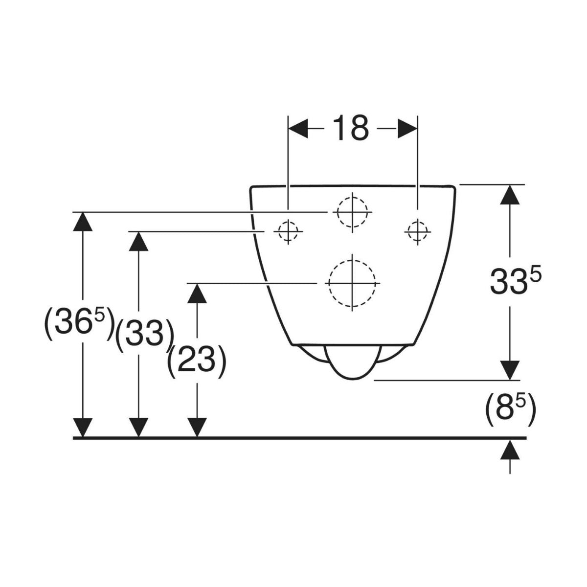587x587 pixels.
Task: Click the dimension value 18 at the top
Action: [351, 128]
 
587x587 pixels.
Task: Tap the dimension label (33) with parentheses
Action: [145, 336]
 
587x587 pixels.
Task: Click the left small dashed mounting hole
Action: [288, 231]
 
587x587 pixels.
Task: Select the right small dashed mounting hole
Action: [417, 231]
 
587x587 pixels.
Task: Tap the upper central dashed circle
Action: [352, 212]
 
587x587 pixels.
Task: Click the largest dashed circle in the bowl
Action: [352, 283]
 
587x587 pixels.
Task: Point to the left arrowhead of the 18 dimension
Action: [298, 128]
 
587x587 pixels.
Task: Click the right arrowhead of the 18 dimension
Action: [407, 128]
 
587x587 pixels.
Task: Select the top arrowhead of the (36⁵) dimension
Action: [83, 222]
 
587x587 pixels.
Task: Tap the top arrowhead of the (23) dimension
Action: [197, 293]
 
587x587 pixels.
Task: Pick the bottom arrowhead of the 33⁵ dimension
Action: [510, 370]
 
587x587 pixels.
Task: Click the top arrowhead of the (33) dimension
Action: [138, 241]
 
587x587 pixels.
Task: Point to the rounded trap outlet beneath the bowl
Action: [352, 362]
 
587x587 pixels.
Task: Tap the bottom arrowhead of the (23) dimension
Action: [197, 428]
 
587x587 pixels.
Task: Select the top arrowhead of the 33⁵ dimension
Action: [510, 194]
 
